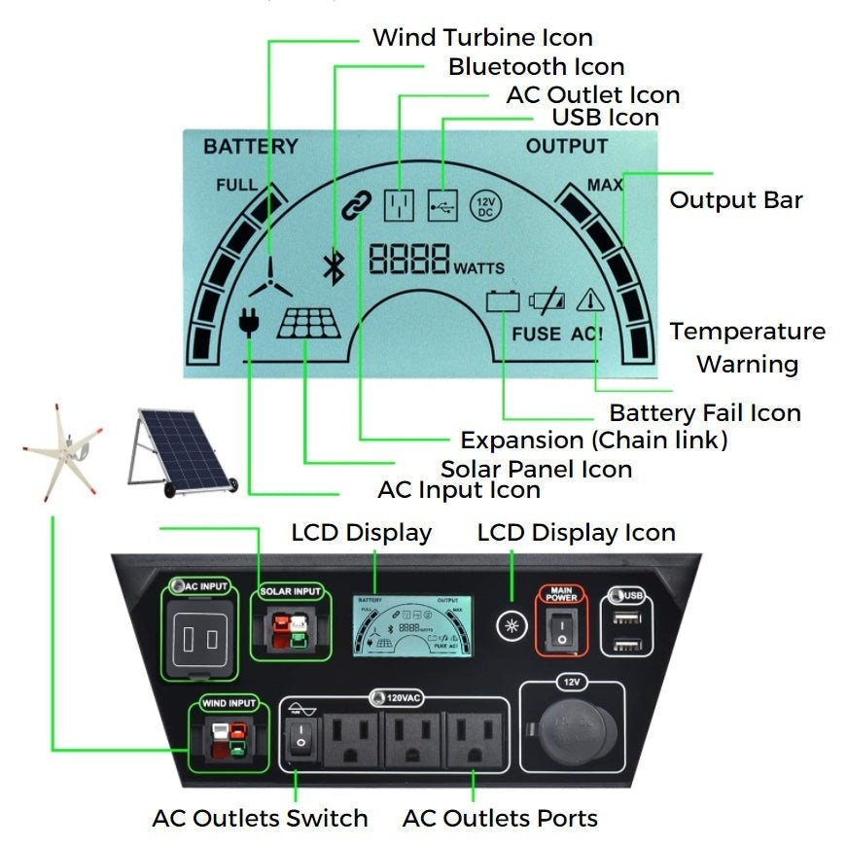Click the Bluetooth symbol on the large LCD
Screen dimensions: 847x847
pyautogui.click(x=334, y=265)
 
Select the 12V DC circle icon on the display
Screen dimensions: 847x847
pyautogui.click(x=485, y=205)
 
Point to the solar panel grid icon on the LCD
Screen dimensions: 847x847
pyautogui.click(x=309, y=324)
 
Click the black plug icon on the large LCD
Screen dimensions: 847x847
pyautogui.click(x=249, y=320)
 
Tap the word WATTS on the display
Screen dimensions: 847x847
pyautogui.click(x=478, y=268)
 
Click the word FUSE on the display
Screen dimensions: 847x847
pyautogui.click(x=537, y=334)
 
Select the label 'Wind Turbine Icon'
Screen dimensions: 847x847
pyautogui.click(x=482, y=38)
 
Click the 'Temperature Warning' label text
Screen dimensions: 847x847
pyautogui.click(x=747, y=347)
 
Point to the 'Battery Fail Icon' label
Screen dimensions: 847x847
pyautogui.click(x=705, y=412)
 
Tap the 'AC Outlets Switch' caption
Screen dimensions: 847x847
pyautogui.click(x=260, y=818)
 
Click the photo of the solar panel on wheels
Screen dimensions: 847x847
pyautogui.click(x=182, y=450)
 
